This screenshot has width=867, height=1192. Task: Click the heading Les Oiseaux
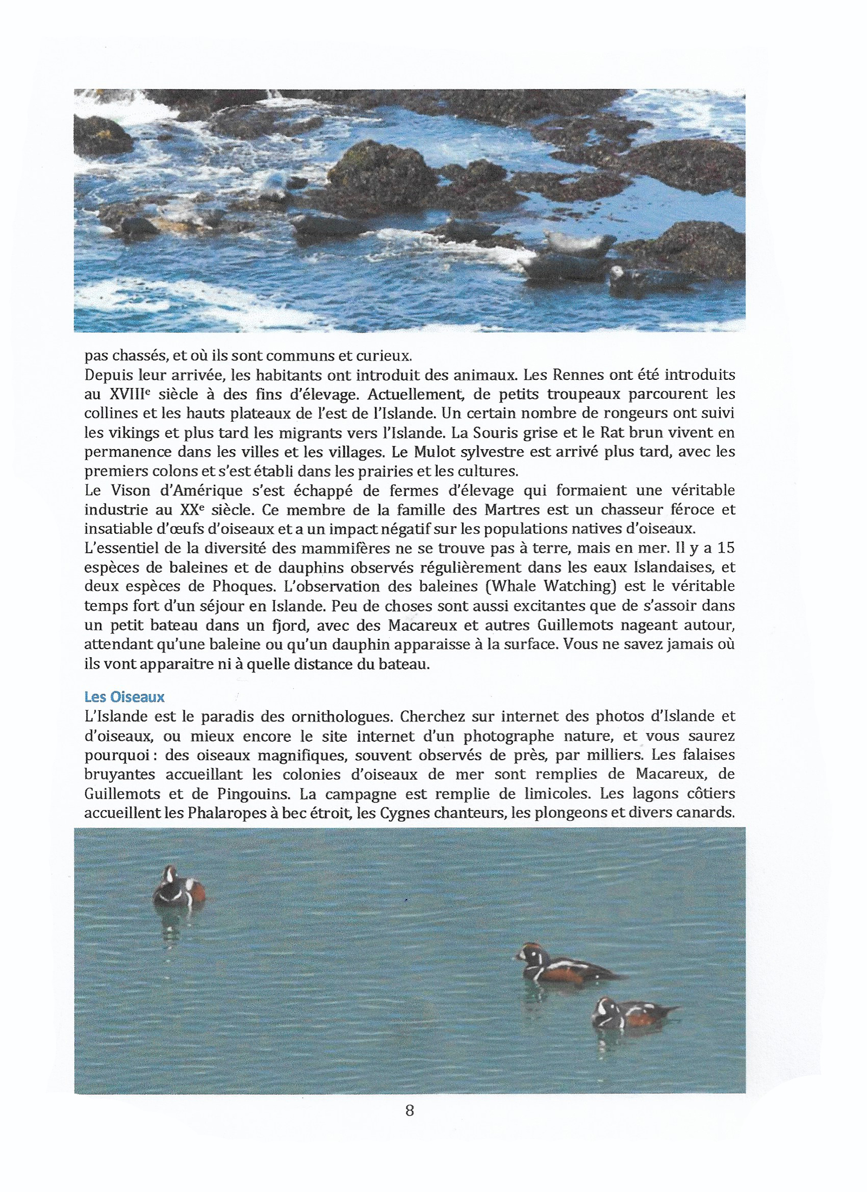pyautogui.click(x=124, y=697)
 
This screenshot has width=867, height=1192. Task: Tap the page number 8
pyautogui.click(x=410, y=1111)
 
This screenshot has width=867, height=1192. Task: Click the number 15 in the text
pyautogui.click(x=726, y=548)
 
